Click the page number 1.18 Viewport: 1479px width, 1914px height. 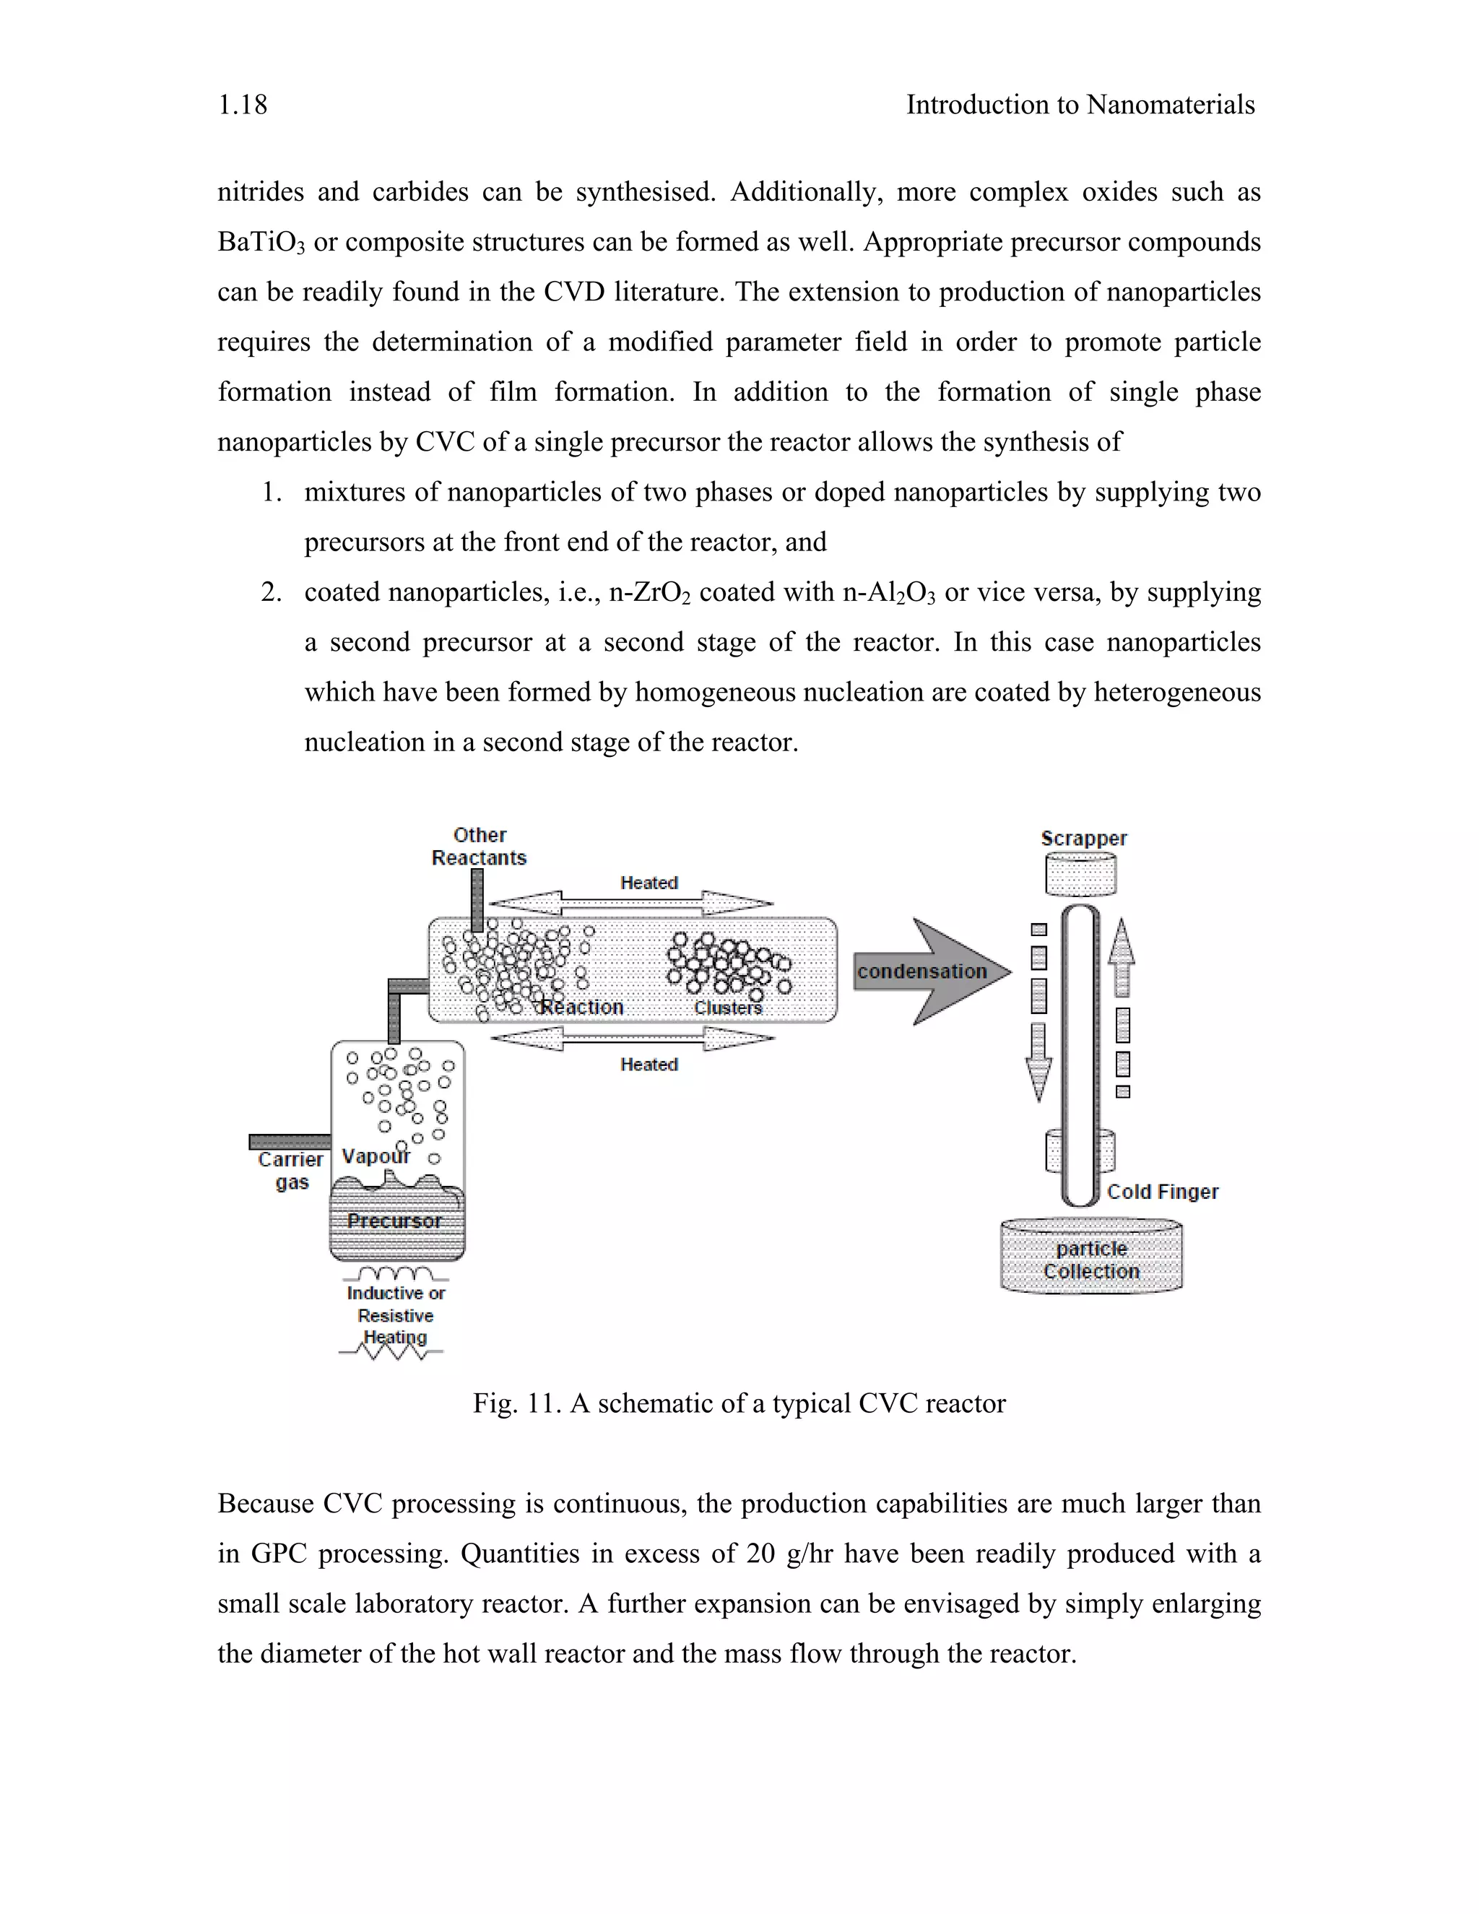tap(243, 105)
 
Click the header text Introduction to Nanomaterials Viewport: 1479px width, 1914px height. tap(1080, 105)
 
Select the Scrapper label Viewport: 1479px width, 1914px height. tap(1083, 838)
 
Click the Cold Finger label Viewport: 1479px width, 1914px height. tap(1162, 1192)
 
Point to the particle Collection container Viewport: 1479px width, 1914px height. tap(1091, 1258)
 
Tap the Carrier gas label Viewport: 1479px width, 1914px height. tap(291, 1171)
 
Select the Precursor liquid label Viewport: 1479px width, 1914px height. tap(394, 1221)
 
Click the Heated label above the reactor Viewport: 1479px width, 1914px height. tap(649, 883)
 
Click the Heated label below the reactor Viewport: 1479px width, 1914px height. tap(649, 1064)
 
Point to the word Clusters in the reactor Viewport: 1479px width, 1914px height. tap(727, 1008)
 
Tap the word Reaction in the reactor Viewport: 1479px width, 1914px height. tap(582, 1007)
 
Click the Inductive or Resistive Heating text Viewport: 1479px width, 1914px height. tap(395, 1315)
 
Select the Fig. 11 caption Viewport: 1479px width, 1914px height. tap(739, 1403)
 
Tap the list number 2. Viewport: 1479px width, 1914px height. tap(271, 592)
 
